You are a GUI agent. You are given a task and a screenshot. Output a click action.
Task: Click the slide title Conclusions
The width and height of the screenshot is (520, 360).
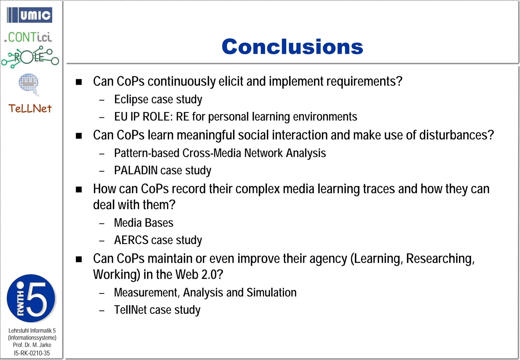click(292, 47)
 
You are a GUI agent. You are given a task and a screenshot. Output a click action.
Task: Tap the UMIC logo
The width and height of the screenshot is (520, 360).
click(30, 15)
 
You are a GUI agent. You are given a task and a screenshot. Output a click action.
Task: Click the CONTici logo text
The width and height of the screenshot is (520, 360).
click(28, 37)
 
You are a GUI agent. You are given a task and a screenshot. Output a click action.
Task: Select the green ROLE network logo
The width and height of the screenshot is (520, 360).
click(30, 57)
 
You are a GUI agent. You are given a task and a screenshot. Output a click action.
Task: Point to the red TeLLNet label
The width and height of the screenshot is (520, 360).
click(30, 109)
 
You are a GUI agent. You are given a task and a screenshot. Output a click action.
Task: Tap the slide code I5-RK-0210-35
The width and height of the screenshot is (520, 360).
click(32, 353)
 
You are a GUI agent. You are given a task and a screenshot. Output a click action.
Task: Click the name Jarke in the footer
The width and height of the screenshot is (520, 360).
click(45, 345)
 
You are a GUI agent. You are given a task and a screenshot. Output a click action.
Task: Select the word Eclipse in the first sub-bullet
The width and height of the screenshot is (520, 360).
click(131, 99)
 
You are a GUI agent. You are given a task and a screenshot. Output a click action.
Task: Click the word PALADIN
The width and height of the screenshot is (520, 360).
click(136, 170)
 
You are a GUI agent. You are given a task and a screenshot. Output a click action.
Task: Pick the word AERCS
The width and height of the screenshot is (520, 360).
click(131, 240)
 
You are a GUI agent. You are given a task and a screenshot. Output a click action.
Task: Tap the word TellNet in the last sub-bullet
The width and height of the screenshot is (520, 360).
click(130, 310)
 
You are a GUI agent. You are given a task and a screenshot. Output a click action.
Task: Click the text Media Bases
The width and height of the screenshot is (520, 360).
click(143, 223)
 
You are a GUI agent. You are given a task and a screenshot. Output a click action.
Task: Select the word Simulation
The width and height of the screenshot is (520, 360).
click(271, 292)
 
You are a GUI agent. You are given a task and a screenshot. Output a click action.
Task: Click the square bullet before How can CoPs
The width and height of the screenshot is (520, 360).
click(79, 189)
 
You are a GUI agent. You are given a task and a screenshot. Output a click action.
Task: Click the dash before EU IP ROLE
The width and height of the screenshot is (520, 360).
click(102, 118)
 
